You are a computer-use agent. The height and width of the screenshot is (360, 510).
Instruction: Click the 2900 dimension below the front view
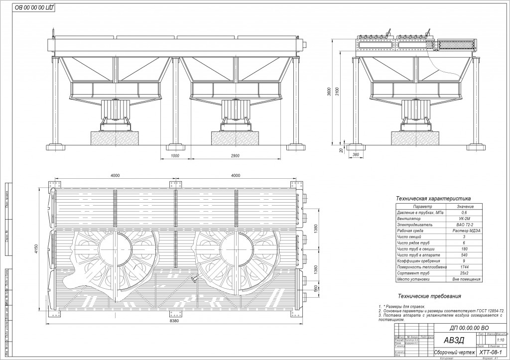point(236,156)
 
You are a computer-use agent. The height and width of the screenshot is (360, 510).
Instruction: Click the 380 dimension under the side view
point(355,154)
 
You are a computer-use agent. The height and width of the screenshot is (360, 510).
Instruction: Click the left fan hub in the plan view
point(115,247)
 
